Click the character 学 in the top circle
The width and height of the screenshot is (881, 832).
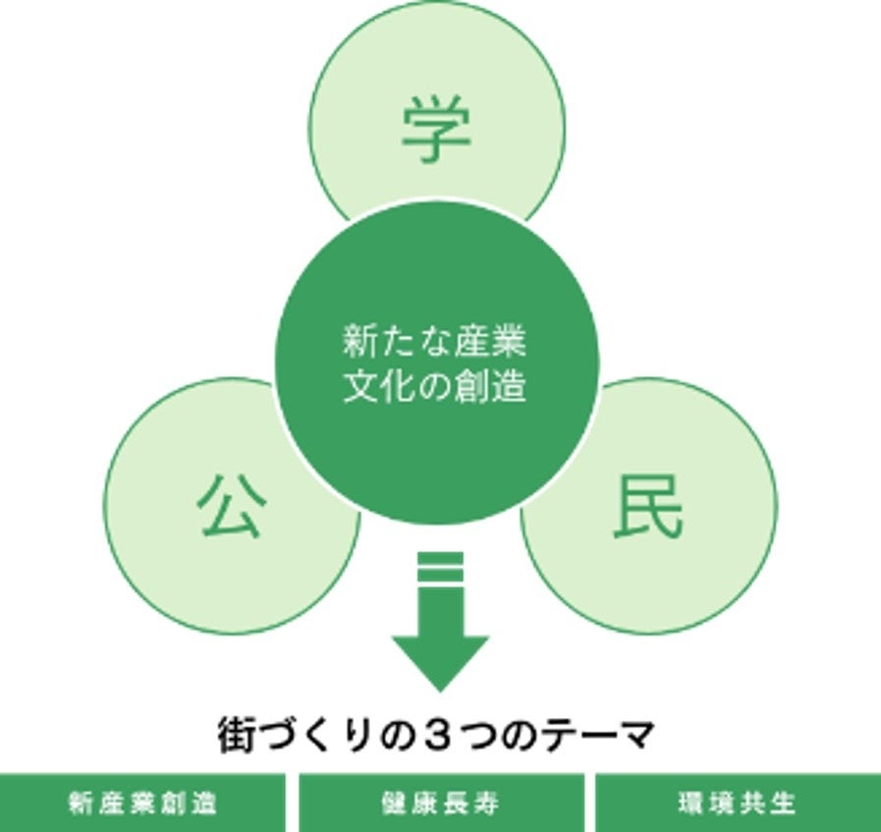pos(436,131)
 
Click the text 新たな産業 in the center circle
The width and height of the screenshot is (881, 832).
pos(435,343)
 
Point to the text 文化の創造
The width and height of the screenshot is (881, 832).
pos(435,386)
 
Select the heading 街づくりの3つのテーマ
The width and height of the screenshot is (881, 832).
pos(435,736)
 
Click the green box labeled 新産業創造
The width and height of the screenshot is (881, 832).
pos(142,804)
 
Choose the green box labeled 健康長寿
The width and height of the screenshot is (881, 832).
pos(440,804)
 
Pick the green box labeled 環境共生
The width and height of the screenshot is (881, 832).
pos(738,804)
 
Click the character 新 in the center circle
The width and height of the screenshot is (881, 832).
pos(356,343)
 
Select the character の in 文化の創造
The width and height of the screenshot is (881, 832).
pos(435,386)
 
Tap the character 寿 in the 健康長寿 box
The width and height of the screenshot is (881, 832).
pos(487,804)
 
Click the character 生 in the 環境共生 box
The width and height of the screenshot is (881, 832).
pos(783,804)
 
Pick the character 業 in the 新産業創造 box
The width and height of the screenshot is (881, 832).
pos(142,804)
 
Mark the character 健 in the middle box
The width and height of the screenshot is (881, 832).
pos(394,804)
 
